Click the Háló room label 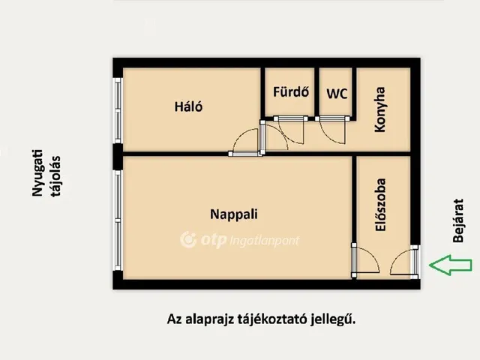coord(189,106)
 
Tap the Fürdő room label coord(289,94)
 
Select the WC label coord(337,94)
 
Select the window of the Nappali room coord(117,217)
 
